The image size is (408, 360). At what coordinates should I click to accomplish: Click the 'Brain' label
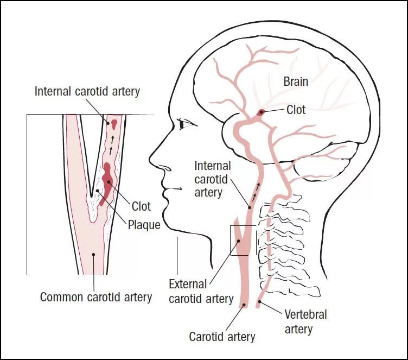296,81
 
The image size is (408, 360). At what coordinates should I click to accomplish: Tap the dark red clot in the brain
262,112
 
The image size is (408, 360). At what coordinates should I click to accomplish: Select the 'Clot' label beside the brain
296,110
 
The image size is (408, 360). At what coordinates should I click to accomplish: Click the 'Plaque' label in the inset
144,224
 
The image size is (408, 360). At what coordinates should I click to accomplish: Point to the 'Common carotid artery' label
96,297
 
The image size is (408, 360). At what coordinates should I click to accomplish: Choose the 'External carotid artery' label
201,291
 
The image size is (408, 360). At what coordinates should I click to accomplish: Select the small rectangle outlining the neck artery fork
240,240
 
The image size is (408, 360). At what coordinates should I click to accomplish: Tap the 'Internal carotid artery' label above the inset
87,91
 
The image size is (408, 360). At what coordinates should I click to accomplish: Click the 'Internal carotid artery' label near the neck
213,179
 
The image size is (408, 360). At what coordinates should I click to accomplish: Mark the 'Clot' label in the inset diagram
141,206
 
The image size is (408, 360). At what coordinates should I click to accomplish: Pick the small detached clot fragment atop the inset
114,123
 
